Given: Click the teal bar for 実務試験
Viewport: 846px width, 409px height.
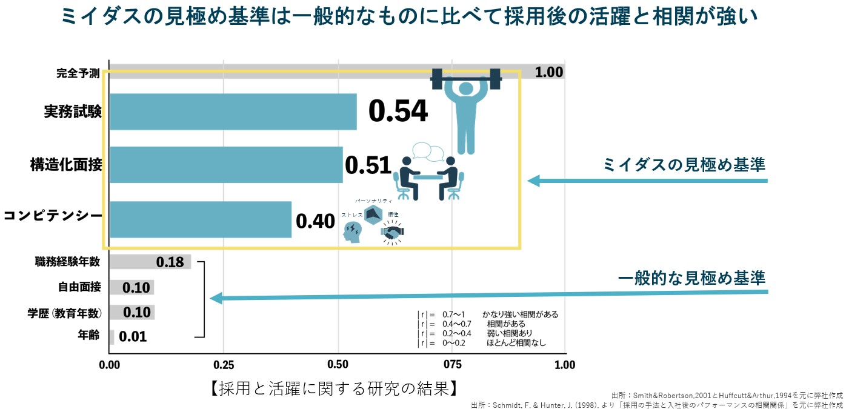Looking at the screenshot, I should click(233, 111).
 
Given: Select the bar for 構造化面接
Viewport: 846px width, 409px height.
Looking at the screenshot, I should click(226, 164).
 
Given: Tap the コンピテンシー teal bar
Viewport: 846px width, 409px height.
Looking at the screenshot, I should click(200, 219).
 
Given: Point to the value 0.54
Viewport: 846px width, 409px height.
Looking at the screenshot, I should click(398, 111).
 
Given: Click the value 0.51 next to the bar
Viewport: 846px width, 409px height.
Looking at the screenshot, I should click(367, 165).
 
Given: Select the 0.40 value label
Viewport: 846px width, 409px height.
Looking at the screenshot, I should click(315, 221).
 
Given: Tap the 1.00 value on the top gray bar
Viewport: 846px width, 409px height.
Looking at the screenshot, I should click(549, 72).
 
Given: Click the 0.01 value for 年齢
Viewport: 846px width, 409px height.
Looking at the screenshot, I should click(133, 337).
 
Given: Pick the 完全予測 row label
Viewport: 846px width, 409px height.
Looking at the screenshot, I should click(78, 73).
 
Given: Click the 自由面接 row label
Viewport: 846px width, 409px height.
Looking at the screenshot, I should click(79, 287).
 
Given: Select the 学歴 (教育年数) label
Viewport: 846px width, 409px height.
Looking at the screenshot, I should click(64, 313).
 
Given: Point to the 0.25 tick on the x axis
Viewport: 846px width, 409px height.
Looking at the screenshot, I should click(223, 365).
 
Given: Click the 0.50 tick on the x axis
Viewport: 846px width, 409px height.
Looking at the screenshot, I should click(338, 365).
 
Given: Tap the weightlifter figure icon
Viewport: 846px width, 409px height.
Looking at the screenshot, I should click(466, 109).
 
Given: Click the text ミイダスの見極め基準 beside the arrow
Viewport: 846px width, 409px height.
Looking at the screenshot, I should click(684, 164).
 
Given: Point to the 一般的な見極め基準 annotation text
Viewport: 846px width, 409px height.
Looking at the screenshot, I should click(691, 278).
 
